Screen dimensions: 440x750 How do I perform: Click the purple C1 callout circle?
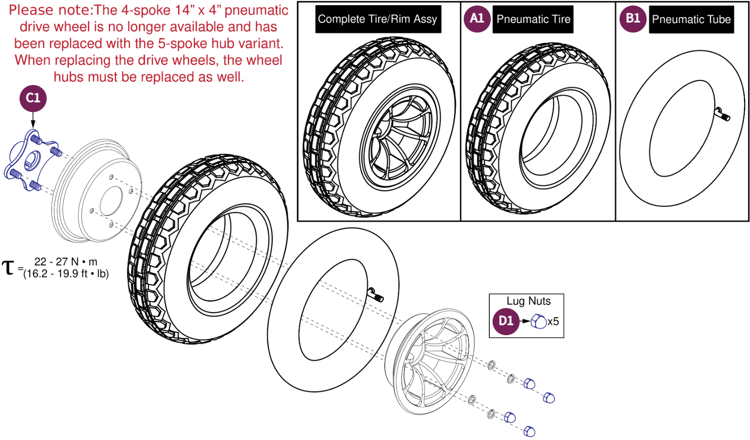click(33, 98)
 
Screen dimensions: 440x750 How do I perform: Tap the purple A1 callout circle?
click(477, 19)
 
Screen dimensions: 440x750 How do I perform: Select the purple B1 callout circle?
click(632, 19)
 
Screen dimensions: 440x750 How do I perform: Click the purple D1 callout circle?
click(505, 321)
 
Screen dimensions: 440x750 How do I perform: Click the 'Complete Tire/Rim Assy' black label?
click(377, 19)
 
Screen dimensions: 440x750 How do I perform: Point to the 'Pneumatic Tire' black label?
click(533, 19)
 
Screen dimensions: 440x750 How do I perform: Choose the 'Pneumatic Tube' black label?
click(691, 19)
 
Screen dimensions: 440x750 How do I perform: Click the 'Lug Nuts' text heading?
click(528, 301)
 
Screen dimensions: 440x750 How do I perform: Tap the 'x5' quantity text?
click(553, 322)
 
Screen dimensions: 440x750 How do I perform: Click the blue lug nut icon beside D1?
click(538, 322)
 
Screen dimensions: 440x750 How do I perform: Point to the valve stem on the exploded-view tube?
click(376, 295)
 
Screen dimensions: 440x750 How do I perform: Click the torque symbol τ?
click(8, 268)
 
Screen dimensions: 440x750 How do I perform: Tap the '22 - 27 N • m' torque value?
click(66, 262)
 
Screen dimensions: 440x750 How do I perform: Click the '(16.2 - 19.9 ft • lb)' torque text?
click(66, 274)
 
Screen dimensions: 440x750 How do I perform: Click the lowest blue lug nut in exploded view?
click(529, 431)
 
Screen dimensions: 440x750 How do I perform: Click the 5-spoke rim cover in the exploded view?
click(430, 361)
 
